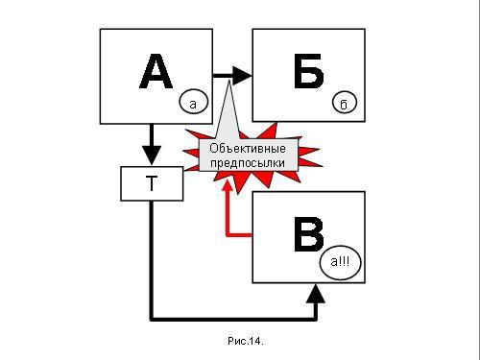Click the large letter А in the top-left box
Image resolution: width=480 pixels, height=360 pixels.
point(156,71)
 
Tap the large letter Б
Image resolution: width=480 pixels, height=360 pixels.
point(308,71)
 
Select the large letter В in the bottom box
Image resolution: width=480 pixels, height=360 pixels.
point(308,234)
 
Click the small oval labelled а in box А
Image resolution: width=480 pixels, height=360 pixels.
point(193,103)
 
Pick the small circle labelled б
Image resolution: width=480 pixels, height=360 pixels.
point(345,102)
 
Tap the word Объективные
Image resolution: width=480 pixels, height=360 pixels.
point(248,149)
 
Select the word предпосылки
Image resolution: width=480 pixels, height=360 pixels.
point(248,163)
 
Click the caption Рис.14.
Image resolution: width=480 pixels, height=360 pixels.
point(246,341)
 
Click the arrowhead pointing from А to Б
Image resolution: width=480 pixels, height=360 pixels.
point(243,76)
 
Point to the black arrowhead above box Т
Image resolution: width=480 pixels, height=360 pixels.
point(152,156)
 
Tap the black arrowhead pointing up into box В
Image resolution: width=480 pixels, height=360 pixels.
point(316,294)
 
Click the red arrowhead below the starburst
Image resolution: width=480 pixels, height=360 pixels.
point(228,185)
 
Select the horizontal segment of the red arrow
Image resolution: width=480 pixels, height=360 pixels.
point(239,235)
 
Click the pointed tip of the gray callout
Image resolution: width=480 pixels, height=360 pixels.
point(229,82)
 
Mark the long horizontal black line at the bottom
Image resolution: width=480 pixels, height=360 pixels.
point(233,319)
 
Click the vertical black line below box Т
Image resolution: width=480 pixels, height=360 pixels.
point(152,260)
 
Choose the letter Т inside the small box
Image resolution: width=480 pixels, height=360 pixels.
point(152,183)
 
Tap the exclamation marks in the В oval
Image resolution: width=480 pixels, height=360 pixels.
point(344,261)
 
